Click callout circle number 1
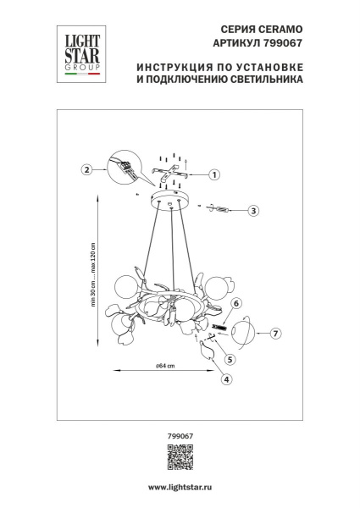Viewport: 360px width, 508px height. [x=214, y=175]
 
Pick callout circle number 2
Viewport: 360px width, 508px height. [x=86, y=169]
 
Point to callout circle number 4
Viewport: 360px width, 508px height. [x=226, y=378]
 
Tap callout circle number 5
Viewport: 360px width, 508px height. [x=230, y=358]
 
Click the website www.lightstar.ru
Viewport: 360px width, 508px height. [x=180, y=489]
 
